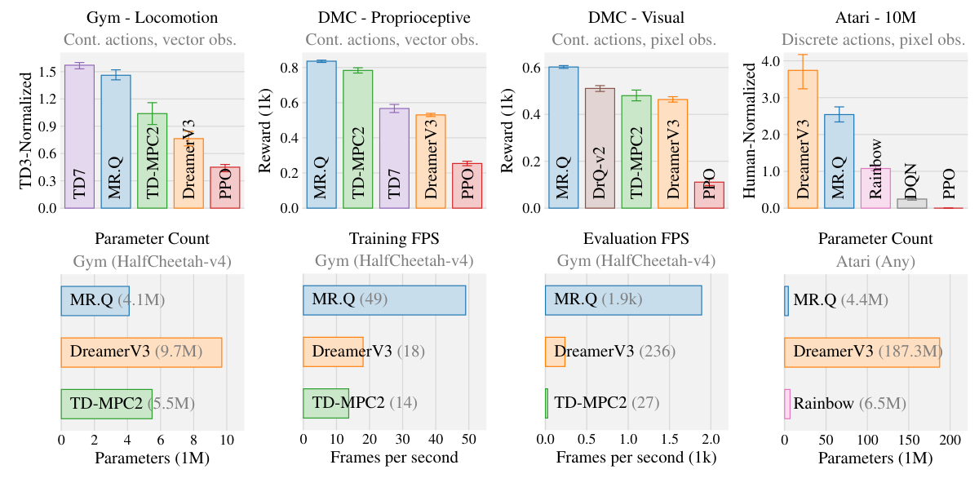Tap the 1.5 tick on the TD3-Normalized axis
47,72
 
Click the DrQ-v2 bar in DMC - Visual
600,148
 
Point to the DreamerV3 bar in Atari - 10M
802,139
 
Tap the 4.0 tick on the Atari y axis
769,61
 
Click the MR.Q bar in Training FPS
384,300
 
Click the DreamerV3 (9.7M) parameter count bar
141,352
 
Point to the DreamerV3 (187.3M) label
868,352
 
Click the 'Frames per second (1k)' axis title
636,458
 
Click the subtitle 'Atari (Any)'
875,262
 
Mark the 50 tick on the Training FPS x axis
468,441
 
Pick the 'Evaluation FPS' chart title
636,239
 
